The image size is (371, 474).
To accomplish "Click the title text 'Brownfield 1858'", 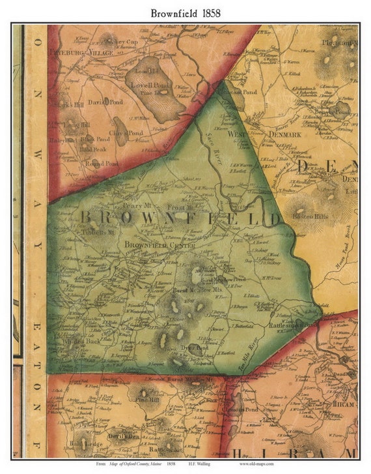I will (185, 12).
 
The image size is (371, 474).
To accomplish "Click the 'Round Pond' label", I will (102, 164).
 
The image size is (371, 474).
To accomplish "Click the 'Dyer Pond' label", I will (193, 348).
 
